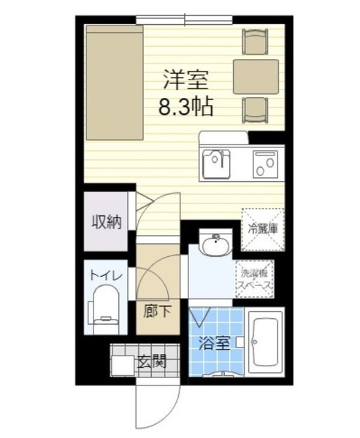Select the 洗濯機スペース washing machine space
[255, 279]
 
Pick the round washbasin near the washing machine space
[213, 247]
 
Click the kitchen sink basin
[217, 162]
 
